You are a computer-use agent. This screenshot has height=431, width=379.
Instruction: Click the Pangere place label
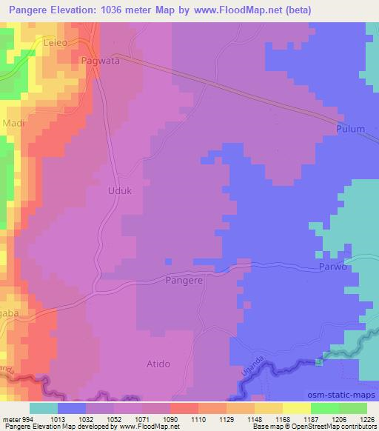tap(183, 281)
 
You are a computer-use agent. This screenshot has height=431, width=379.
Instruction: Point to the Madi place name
tap(14, 123)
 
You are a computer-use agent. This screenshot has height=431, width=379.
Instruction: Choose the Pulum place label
tap(350, 129)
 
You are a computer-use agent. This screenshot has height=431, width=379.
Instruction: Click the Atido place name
tap(158, 364)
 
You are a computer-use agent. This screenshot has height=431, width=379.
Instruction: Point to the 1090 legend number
tap(170, 418)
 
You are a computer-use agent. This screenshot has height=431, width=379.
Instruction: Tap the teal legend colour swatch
tap(44, 408)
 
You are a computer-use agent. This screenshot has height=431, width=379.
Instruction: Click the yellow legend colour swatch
tap(296, 408)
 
